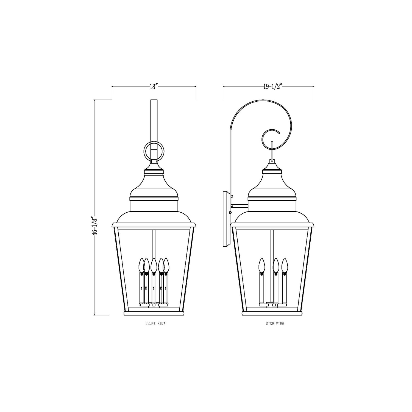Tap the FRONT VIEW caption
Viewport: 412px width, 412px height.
155,323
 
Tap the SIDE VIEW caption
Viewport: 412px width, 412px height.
275,324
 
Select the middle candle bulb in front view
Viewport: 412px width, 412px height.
154,265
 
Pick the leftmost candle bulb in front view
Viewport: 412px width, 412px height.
142,265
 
